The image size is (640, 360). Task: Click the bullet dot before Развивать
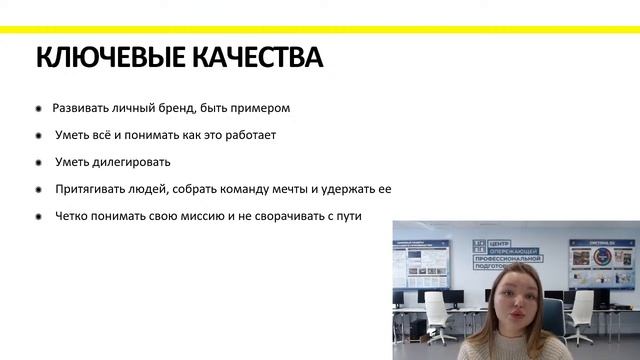click(39, 108)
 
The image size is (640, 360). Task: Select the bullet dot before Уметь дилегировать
click(39, 162)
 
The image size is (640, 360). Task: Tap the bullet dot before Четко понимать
click(39, 216)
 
